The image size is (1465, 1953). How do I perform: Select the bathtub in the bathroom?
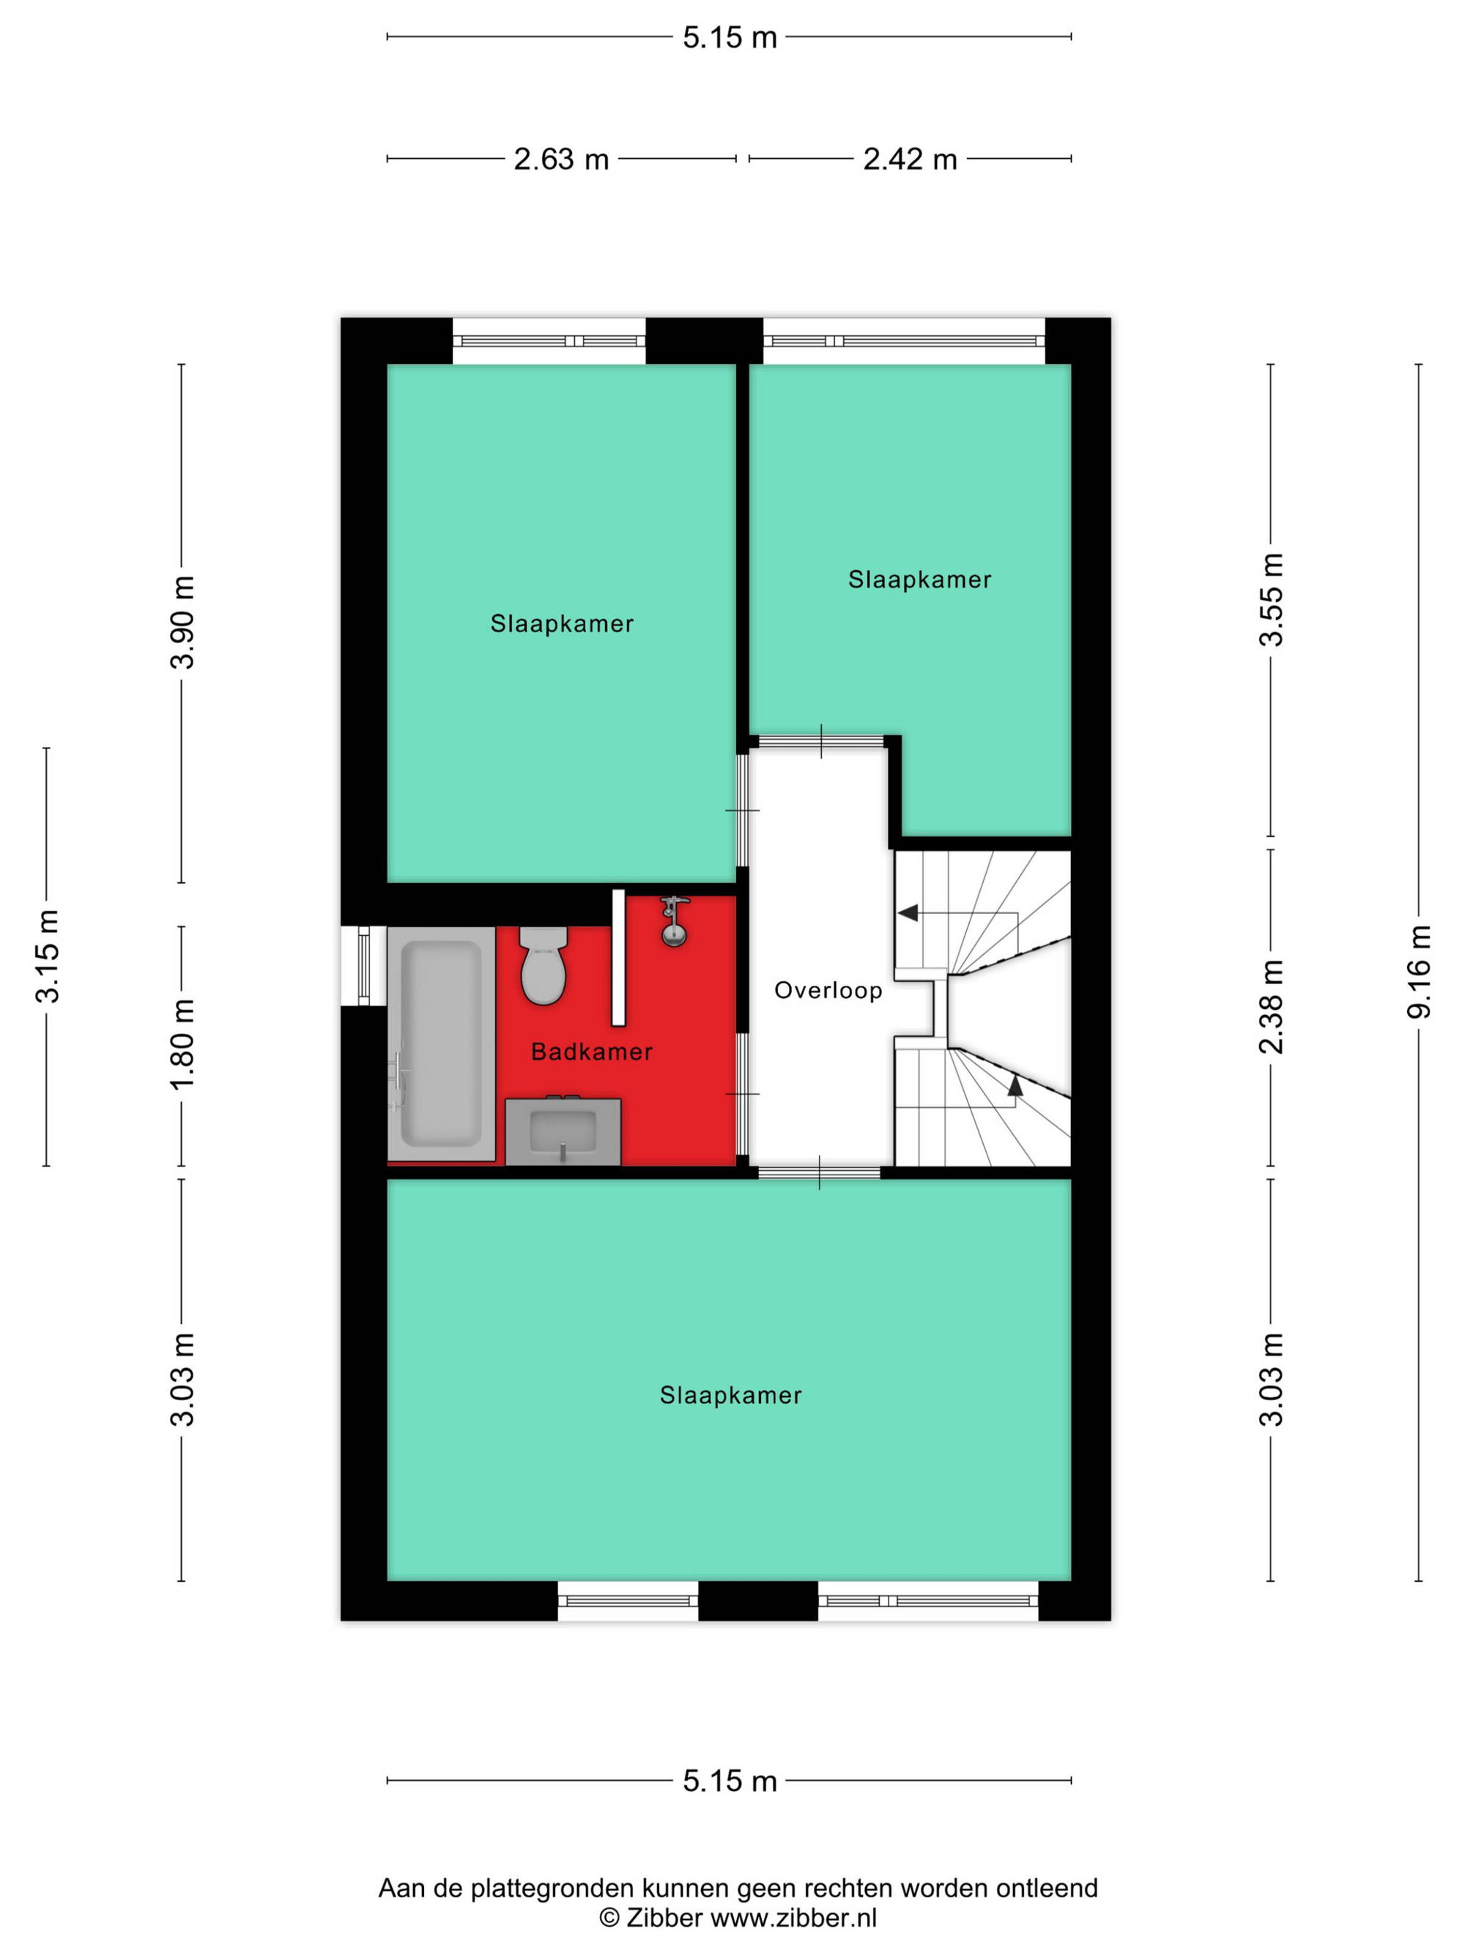[x=441, y=1044]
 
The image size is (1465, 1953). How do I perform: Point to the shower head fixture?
[x=674, y=921]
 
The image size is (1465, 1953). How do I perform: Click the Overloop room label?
[x=828, y=991]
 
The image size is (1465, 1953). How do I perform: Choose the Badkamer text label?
[x=592, y=1052]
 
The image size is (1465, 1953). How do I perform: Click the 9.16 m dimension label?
[x=1418, y=971]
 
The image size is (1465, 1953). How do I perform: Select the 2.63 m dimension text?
[x=561, y=159]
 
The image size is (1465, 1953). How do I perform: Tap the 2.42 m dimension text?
[x=910, y=159]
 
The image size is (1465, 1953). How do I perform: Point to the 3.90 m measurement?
[x=182, y=622]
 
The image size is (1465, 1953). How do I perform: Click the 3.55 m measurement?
[x=1271, y=600]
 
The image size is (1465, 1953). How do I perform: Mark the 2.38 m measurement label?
[x=1271, y=1006]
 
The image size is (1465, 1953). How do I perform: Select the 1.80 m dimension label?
[x=182, y=1044]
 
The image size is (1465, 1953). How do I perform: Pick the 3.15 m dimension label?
[x=47, y=956]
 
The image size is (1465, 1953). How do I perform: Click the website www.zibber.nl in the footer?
[x=794, y=1917]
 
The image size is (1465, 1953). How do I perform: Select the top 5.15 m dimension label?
[x=730, y=37]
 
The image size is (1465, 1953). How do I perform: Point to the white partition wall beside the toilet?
[x=618, y=958]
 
